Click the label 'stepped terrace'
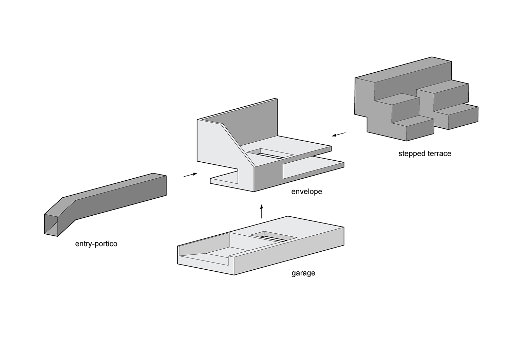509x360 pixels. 425,154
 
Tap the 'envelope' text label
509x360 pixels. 306,192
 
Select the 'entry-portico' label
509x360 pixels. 96,244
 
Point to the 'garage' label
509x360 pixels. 303,273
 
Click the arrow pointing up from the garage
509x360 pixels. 261,211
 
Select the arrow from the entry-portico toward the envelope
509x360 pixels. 190,175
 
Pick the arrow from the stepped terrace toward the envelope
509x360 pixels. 339,134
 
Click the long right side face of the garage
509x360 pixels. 288,251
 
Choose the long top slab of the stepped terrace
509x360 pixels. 404,73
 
